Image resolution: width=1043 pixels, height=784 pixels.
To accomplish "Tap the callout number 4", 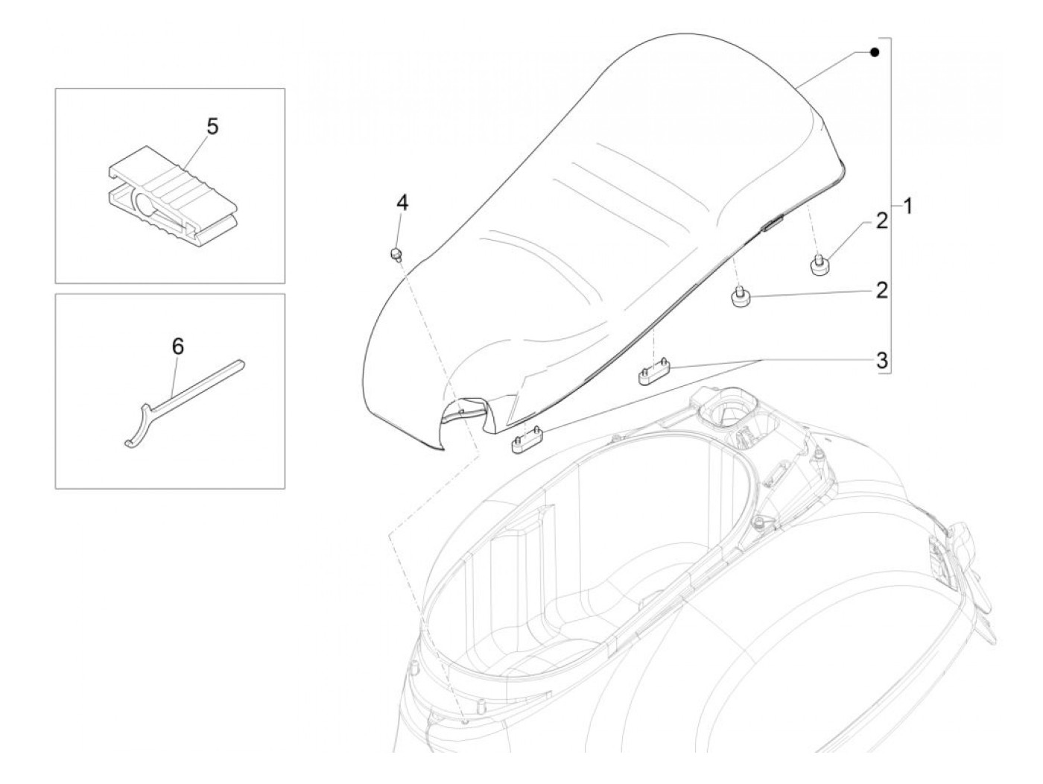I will (402, 203).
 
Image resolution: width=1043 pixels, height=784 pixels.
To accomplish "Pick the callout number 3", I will (881, 361).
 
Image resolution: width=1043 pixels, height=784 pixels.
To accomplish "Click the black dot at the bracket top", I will (875, 52).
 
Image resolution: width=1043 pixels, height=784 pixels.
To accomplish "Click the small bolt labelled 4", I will (396, 255).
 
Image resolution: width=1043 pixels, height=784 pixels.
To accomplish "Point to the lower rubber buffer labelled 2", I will (741, 297).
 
